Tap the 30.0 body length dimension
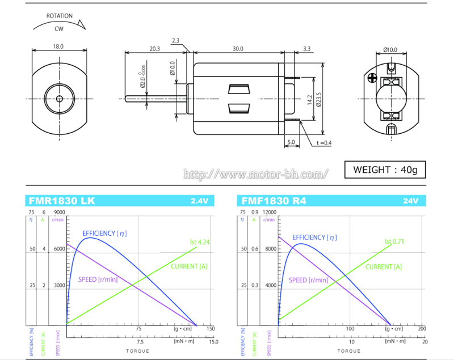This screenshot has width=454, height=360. click(x=237, y=49)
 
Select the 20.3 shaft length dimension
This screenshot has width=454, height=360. click(x=155, y=49)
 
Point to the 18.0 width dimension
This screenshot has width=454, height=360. click(x=58, y=47)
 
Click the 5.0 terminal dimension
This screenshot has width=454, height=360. click(x=291, y=142)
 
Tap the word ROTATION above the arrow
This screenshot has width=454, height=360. click(x=59, y=16)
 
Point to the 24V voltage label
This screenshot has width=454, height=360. click(x=410, y=201)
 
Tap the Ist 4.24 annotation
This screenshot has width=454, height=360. click(x=200, y=242)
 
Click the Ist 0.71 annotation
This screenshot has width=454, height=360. click(x=396, y=241)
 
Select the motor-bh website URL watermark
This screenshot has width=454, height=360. click(x=255, y=173)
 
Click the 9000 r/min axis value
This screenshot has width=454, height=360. click(x=59, y=212)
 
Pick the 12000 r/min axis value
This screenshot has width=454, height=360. click(x=270, y=212)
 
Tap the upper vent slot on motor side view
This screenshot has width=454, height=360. click(x=238, y=89)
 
